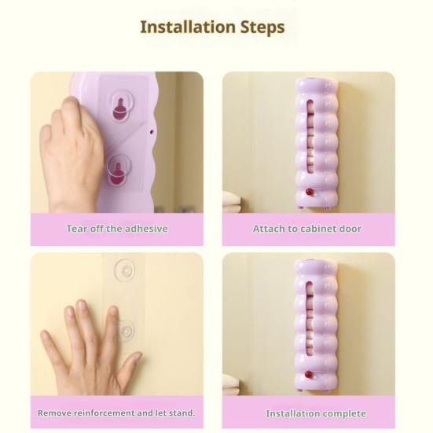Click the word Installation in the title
pos(183,27)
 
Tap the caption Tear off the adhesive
pos(116,229)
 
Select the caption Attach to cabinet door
pos(308,229)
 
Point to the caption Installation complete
pos(316,413)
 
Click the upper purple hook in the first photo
pos(119,108)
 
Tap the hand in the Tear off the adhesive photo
pos(75,153)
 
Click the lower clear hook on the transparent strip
pos(125,328)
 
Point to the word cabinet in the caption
pos(321,229)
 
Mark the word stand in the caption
pos(181,413)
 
